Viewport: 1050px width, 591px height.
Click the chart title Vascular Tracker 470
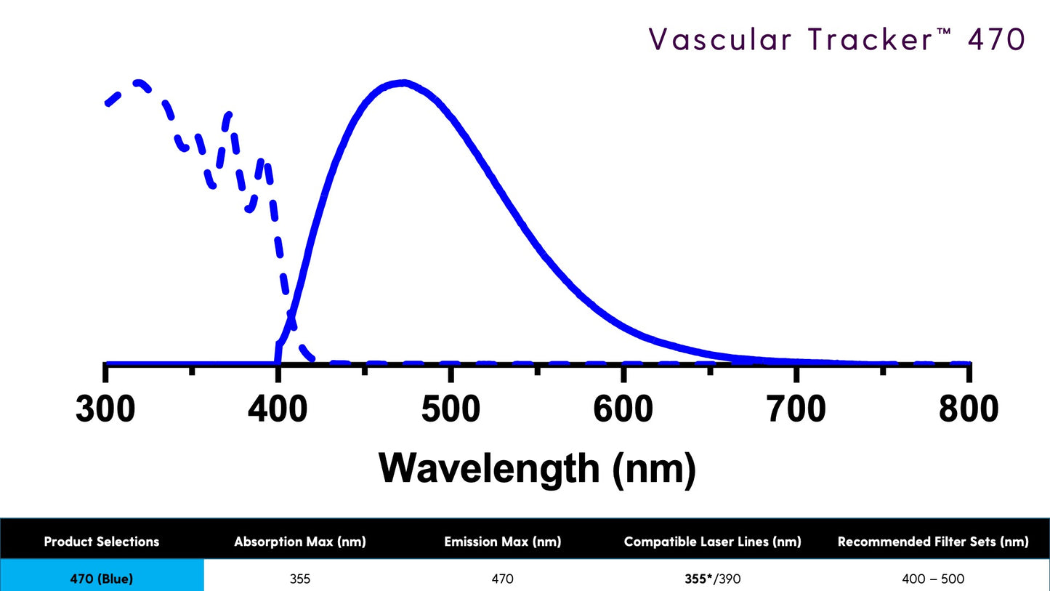point(836,39)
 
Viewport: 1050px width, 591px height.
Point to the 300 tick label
point(105,410)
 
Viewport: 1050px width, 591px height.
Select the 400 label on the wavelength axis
point(278,410)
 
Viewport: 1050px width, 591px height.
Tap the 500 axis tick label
point(451,410)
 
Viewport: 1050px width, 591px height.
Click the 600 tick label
point(623,410)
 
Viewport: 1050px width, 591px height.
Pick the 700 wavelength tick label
point(796,410)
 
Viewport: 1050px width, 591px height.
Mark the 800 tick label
point(969,410)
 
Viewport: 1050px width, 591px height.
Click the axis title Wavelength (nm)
point(537,468)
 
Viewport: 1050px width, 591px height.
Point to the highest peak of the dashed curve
point(138,82)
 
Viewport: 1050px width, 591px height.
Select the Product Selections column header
point(102,542)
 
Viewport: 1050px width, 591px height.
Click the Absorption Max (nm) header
point(299,542)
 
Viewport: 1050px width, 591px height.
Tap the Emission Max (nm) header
point(502,542)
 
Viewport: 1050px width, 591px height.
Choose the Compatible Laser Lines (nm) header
point(712,542)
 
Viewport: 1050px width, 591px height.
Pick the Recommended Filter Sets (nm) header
point(933,542)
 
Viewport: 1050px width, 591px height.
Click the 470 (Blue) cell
point(102,579)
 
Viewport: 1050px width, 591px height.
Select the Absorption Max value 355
point(299,579)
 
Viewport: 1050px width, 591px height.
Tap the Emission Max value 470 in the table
point(502,579)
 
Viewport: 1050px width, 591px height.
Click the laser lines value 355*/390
point(712,579)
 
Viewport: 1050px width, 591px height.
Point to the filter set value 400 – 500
point(933,579)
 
